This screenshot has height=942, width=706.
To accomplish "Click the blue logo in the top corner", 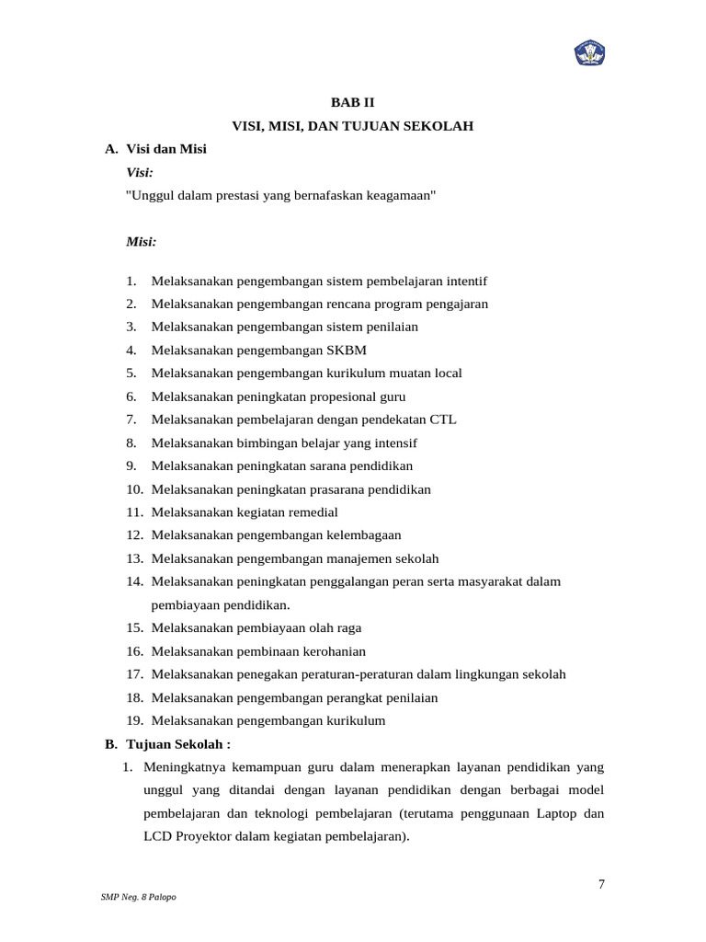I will tap(589, 53).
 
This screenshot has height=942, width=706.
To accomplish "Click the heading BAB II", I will tap(353, 102).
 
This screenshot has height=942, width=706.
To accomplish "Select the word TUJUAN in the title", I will tap(379, 125).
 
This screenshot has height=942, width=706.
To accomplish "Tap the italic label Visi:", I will tap(140, 172).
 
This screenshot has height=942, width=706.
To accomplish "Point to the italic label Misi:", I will tap(141, 242).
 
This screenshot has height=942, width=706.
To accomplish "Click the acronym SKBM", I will tap(347, 350).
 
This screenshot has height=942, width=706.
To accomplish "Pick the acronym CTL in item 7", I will tap(441, 419).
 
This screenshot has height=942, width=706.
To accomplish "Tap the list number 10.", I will tap(134, 489).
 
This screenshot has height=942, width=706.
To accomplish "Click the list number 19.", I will tap(134, 720).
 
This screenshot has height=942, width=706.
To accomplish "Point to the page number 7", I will tap(601, 885).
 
